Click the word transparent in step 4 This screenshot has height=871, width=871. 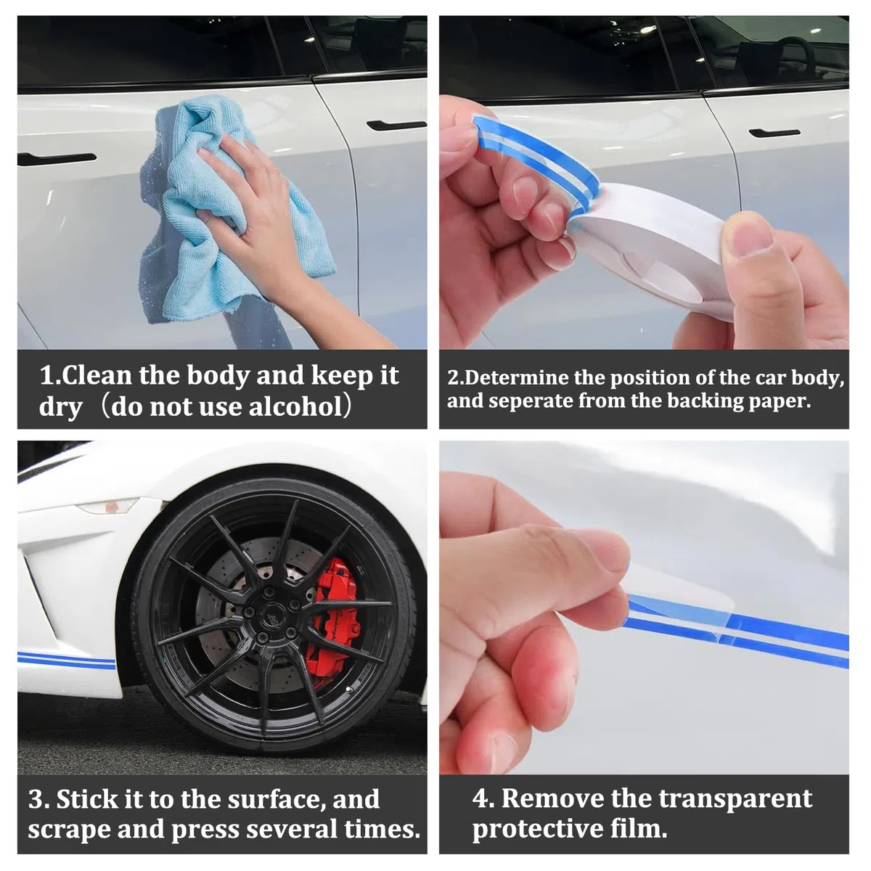coord(735,799)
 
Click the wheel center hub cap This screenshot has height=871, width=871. coord(270,613)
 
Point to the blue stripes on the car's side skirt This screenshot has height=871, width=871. coord(67,661)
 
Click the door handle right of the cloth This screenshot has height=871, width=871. coord(396,125)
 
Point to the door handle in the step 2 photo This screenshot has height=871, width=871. coord(774,133)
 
